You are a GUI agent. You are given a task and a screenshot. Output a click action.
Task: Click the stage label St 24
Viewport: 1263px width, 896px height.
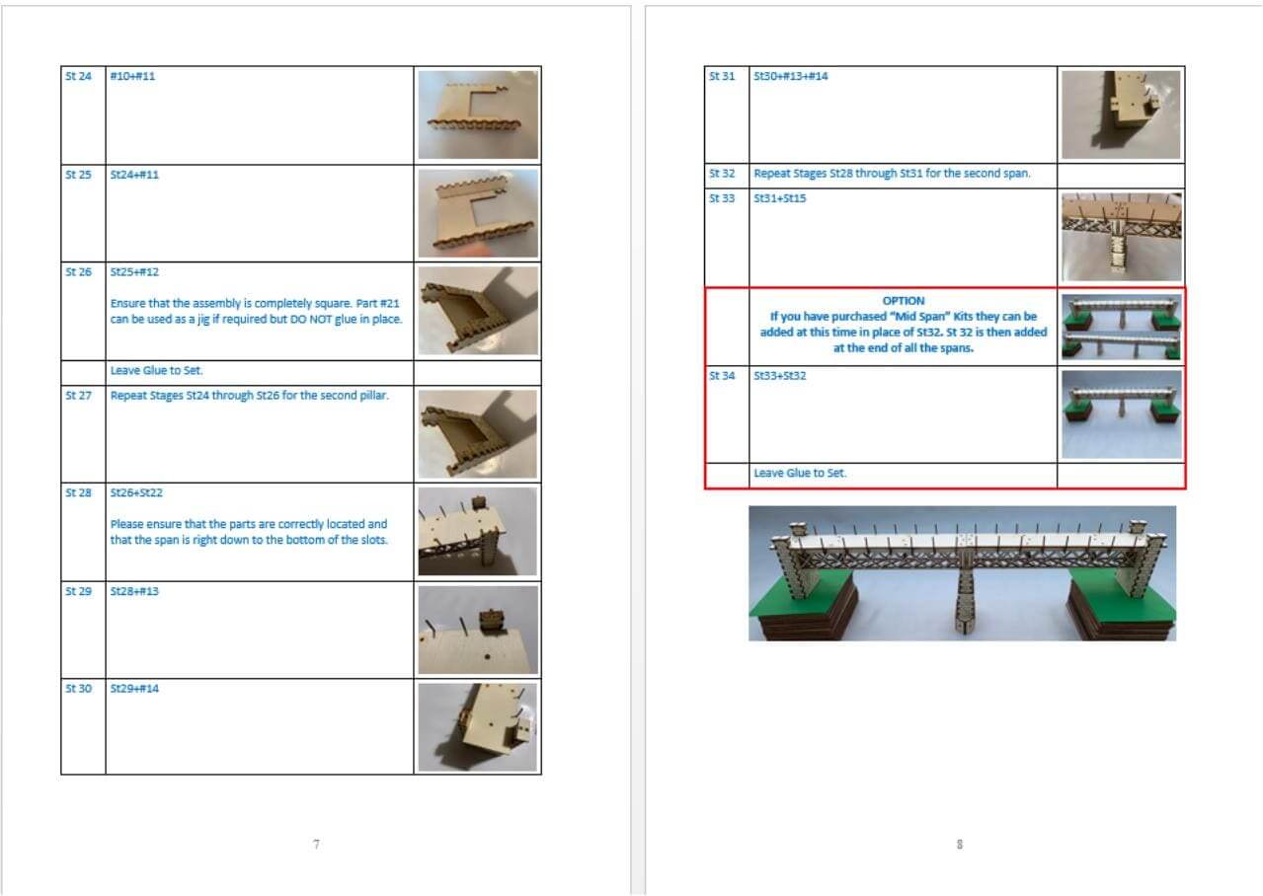[x=78, y=76]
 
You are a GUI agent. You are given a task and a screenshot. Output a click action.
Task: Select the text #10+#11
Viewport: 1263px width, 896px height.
[x=132, y=76]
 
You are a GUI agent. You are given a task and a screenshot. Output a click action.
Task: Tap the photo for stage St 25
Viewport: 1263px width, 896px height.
[x=478, y=213]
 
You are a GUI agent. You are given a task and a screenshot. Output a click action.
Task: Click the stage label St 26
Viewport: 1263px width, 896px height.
[x=78, y=272]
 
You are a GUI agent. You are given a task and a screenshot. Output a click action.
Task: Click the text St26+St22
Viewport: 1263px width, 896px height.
[x=136, y=493]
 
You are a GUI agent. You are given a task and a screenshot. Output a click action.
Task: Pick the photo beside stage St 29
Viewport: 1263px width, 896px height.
[x=478, y=630]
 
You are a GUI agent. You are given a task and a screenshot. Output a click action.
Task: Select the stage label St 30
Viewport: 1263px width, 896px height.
[x=78, y=689]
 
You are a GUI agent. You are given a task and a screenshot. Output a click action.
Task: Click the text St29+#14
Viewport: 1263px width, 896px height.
[x=134, y=689]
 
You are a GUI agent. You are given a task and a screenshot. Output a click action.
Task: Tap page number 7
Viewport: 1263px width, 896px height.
[x=316, y=844]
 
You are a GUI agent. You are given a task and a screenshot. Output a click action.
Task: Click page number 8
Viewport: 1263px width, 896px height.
[x=960, y=844]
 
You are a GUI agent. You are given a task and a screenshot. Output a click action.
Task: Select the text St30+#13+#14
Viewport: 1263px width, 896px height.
[x=791, y=76]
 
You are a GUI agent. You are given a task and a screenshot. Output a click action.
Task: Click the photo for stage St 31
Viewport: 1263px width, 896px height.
[x=1121, y=114]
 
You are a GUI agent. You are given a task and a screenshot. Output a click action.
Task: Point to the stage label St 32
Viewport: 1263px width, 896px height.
[x=722, y=174]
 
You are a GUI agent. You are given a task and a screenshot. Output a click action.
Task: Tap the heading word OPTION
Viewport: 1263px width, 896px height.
[x=904, y=301]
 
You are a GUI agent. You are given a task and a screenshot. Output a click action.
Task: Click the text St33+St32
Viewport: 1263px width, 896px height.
[x=780, y=376]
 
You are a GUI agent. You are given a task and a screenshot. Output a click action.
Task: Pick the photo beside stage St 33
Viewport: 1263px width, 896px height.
[x=1122, y=237]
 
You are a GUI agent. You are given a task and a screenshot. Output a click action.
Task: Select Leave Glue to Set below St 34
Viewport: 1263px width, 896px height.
[x=800, y=474]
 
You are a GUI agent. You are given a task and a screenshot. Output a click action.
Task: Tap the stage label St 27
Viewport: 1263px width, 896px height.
[x=78, y=396]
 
